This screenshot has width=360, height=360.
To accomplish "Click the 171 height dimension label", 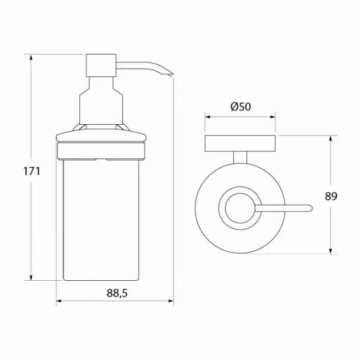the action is point(32,171).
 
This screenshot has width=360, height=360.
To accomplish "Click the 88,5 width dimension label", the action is point(117,293).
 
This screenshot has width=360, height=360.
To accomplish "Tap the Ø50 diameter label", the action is point(241,107).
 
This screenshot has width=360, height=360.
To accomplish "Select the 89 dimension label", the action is point(331,196).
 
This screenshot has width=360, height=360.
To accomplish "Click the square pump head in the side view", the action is point(101,65).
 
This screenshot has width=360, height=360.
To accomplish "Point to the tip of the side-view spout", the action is point(173,74).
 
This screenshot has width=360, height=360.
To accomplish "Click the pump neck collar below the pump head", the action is point(101,101).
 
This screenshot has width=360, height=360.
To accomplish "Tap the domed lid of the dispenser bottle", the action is point(101,136).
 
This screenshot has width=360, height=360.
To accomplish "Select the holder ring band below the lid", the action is point(101,151).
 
